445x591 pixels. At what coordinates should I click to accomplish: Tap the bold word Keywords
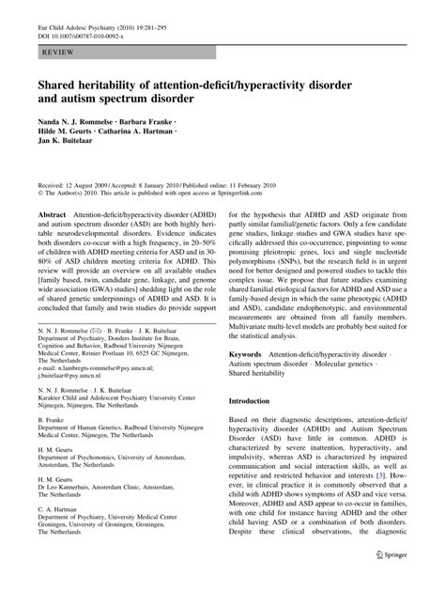click(251, 354)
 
